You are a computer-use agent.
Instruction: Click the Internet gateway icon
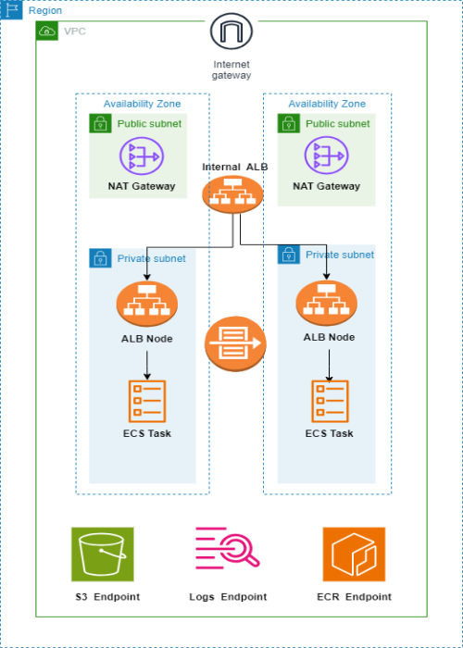tap(231, 31)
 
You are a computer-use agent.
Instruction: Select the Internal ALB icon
tap(232, 194)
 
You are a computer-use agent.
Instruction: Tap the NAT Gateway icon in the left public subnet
tap(142, 156)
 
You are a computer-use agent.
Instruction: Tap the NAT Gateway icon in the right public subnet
tap(326, 156)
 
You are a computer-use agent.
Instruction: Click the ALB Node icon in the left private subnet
tap(147, 304)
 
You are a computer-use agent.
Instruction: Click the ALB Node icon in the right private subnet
tap(327, 303)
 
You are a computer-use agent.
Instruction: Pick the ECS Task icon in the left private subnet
tap(147, 401)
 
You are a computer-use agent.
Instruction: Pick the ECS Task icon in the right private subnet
tap(330, 401)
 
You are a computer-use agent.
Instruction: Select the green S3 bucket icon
tap(103, 555)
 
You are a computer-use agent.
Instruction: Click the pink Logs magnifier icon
tap(228, 548)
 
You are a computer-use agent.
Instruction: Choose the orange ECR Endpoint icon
tap(354, 555)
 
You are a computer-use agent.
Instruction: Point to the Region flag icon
tap(11, 10)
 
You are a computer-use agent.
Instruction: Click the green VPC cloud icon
tap(47, 31)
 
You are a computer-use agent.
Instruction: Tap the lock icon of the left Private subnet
tap(100, 258)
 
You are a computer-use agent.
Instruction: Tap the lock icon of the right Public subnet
tap(289, 123)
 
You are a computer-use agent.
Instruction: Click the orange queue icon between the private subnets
tap(235, 343)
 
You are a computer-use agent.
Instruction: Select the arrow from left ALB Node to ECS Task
tap(147, 366)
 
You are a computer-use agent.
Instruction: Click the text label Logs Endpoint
tap(228, 597)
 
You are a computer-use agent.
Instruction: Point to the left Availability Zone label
tap(143, 104)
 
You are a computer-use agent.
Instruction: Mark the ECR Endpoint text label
tap(354, 597)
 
